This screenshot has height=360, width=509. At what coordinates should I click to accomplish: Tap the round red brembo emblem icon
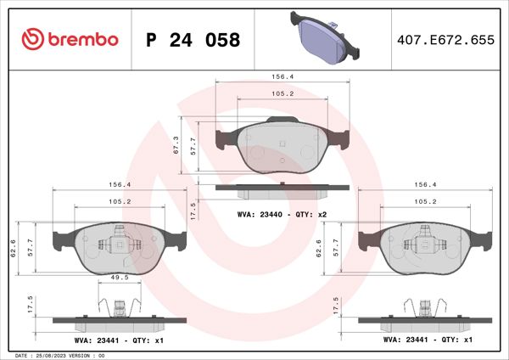click(x=33, y=39)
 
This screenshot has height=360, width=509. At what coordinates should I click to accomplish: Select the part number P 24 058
click(x=193, y=40)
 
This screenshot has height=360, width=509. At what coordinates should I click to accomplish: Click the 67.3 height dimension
click(x=176, y=146)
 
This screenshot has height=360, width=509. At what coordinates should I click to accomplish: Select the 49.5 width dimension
click(x=119, y=278)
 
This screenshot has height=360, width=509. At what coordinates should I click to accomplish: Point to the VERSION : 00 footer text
click(x=88, y=355)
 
